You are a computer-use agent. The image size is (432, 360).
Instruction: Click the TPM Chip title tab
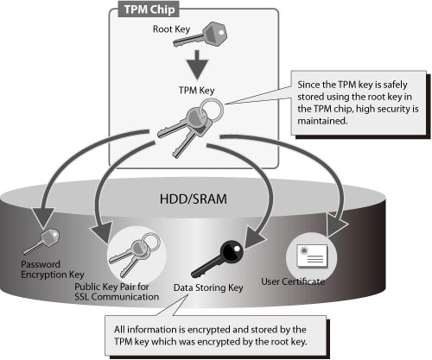point(149,9)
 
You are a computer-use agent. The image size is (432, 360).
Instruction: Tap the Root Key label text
point(171,29)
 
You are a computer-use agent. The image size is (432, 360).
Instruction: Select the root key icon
point(200,35)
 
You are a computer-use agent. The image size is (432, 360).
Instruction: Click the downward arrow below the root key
point(197,65)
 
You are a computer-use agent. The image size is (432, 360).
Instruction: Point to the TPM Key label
point(196,91)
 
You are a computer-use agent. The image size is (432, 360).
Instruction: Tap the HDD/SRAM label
point(194,199)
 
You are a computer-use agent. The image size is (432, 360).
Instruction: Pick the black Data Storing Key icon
point(218,258)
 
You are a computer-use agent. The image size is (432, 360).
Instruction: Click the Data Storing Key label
point(208,287)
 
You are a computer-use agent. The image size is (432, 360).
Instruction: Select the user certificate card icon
point(313,256)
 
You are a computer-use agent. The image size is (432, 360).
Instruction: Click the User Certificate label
point(293,281)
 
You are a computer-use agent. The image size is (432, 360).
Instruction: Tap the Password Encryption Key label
point(53,269)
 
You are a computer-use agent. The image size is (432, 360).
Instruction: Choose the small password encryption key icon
point(41,242)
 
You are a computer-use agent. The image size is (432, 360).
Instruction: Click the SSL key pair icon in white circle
point(134,255)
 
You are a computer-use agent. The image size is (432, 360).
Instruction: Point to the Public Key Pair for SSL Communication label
point(117,292)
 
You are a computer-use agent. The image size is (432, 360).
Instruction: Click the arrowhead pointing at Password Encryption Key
point(43,218)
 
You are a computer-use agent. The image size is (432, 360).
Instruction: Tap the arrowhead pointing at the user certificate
point(337,224)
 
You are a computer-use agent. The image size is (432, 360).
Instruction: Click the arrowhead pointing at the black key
point(255,237)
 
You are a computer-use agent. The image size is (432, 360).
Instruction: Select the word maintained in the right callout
point(322,121)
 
